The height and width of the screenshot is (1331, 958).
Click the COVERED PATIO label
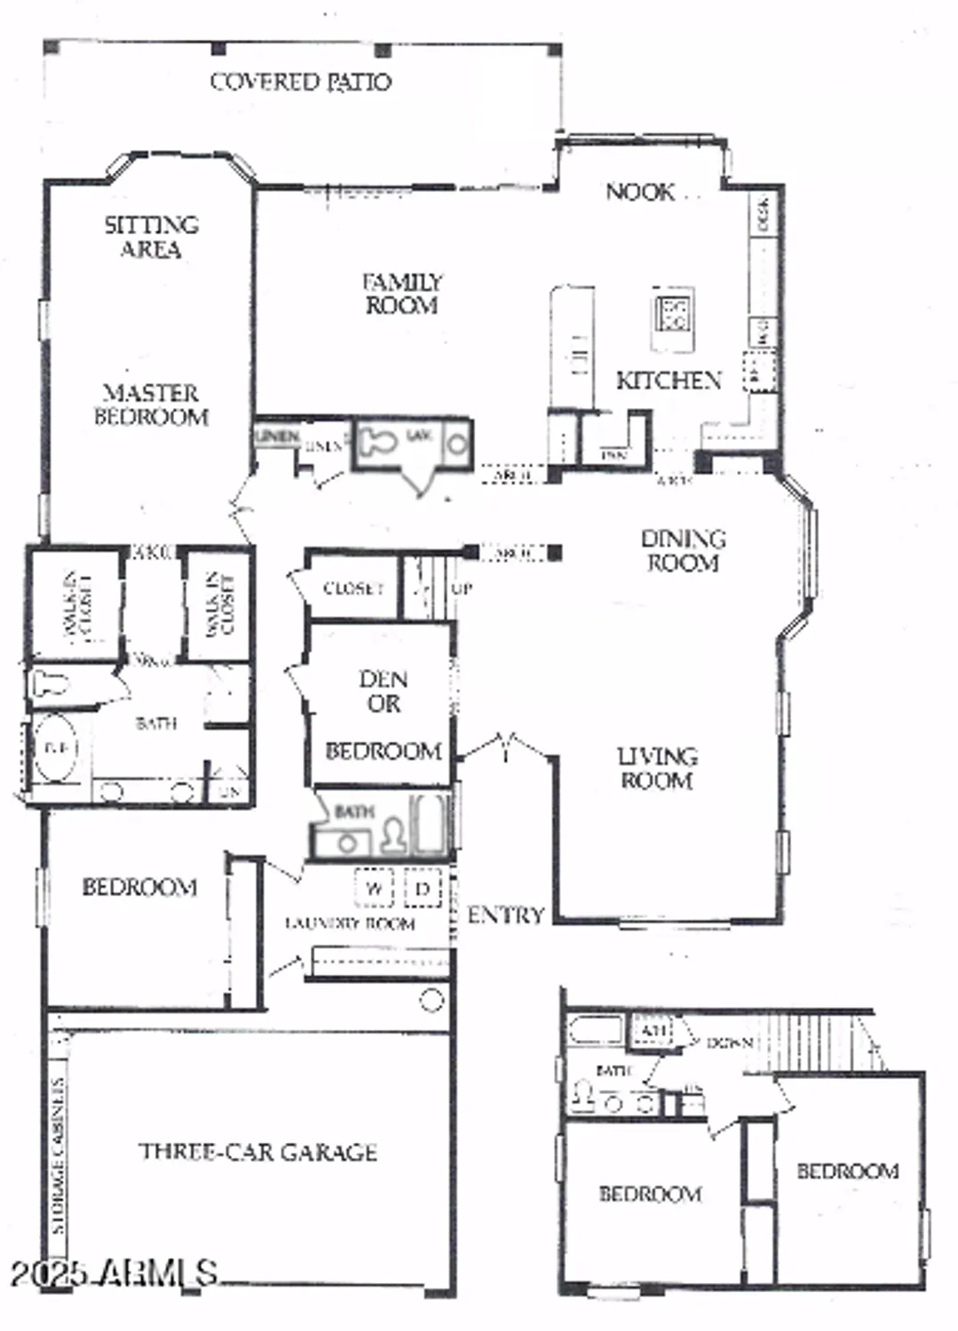300,82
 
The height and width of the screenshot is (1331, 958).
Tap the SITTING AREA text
151,237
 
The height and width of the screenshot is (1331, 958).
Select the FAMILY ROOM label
401,294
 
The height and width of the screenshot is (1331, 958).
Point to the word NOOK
639,192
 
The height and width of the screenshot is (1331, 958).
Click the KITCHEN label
669,381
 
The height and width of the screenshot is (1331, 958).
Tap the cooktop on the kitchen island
673,315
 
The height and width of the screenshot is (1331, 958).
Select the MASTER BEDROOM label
151,405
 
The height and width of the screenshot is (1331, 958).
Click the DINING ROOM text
683,550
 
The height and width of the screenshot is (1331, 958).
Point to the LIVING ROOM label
657,768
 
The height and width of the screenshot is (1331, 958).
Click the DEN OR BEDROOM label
383,715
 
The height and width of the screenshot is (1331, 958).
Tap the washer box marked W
375,888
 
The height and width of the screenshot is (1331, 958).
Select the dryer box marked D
423,888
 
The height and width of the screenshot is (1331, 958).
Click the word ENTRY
505,915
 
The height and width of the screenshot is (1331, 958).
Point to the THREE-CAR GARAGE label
257,1152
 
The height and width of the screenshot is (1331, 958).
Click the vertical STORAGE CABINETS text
59,1155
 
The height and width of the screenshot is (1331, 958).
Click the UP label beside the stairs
462,587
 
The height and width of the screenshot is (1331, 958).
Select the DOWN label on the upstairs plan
729,1044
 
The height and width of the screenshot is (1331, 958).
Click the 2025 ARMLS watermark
114,1273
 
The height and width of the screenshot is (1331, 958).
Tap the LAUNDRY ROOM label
350,924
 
